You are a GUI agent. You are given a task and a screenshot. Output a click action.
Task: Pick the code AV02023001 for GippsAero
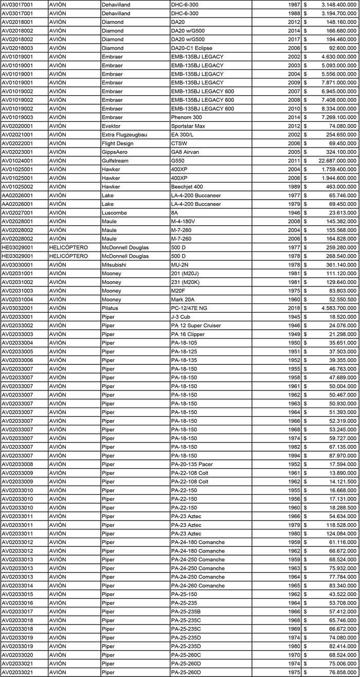pos(25,152)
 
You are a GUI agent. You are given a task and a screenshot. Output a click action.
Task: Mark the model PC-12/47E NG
pos(192,308)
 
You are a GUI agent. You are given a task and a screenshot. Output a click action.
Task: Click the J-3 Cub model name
pos(182,317)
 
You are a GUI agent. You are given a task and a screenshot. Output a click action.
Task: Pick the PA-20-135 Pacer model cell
pos(192,465)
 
